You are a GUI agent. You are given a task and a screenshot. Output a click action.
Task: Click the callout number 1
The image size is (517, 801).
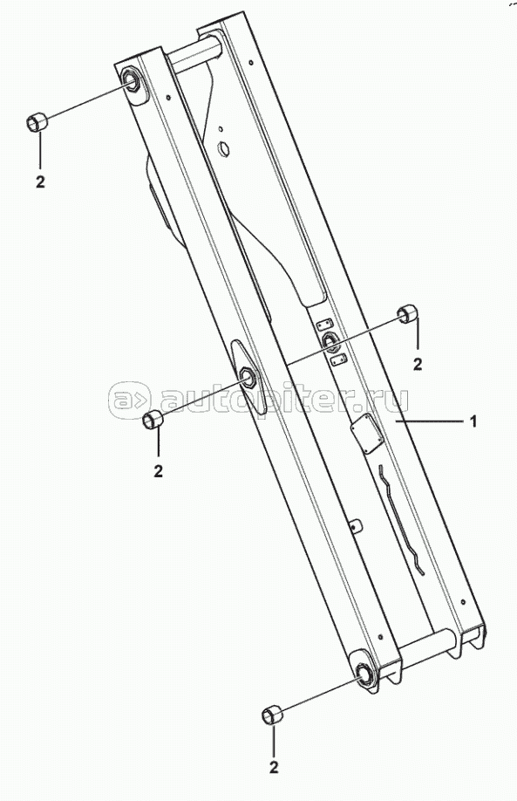473,421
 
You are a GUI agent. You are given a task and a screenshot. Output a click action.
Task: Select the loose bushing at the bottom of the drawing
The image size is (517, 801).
272,714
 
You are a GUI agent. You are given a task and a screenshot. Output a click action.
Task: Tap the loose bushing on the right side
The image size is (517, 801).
408,313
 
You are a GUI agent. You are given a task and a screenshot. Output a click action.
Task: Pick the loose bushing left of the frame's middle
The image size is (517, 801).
153,420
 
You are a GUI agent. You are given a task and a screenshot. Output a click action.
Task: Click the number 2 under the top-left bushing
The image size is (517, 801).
40,181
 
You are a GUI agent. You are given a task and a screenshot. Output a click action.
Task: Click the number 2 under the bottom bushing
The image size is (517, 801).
274,767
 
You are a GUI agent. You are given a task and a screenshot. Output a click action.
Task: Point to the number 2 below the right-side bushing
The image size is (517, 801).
418,364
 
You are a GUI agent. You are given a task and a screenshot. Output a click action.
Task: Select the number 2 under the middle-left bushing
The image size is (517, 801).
158,471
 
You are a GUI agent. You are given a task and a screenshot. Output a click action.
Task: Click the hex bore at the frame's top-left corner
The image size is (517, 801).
133,81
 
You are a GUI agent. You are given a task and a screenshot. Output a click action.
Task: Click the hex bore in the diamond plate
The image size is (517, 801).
248,376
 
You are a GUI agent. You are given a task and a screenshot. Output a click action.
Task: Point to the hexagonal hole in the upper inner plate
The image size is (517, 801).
223,148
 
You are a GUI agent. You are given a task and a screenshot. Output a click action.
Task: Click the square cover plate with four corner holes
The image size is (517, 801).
366,433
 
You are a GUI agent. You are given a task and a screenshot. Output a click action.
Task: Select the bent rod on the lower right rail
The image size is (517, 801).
402,519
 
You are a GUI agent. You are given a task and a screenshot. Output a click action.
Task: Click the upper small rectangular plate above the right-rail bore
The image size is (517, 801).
324,324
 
